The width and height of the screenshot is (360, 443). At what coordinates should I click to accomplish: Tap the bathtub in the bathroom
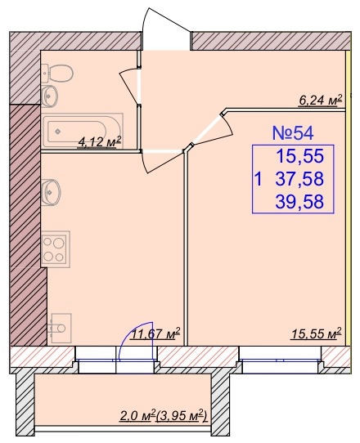click(x=83, y=131)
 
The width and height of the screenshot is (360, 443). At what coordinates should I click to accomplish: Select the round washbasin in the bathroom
click(x=51, y=96)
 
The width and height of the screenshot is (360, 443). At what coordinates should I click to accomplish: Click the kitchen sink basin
click(x=51, y=192)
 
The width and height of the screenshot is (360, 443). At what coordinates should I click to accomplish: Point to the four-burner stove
click(x=56, y=249)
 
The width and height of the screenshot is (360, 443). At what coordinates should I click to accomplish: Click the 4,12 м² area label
click(x=100, y=141)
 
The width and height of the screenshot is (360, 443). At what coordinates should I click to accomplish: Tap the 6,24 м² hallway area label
click(x=321, y=101)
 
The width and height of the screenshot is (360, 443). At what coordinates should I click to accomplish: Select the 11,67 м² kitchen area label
click(x=155, y=334)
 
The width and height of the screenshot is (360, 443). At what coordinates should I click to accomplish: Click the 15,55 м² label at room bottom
click(x=317, y=333)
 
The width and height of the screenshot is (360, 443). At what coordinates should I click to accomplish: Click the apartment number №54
click(x=293, y=133)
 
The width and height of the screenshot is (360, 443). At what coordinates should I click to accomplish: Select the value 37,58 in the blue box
click(x=299, y=179)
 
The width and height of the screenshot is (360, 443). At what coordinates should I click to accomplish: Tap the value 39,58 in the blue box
click(x=299, y=202)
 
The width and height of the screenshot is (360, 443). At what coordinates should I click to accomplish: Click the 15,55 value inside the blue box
click(x=300, y=156)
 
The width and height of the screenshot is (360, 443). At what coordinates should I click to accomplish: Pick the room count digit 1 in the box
click(x=258, y=179)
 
